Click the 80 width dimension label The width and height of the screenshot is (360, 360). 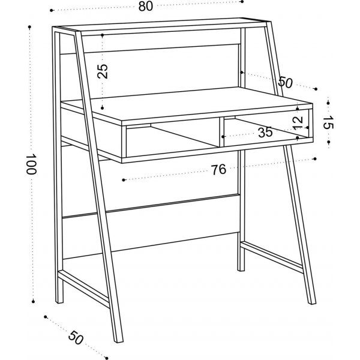[x=144, y=6]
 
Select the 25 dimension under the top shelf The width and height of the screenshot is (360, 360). [x=103, y=71]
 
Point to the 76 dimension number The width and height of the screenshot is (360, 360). [x=218, y=170]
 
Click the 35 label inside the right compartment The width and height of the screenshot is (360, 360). [x=265, y=132]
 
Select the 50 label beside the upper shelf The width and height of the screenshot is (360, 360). [x=285, y=82]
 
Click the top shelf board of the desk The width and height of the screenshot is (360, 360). [x=162, y=27]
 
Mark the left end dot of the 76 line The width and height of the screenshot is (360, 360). [x=123, y=179]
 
